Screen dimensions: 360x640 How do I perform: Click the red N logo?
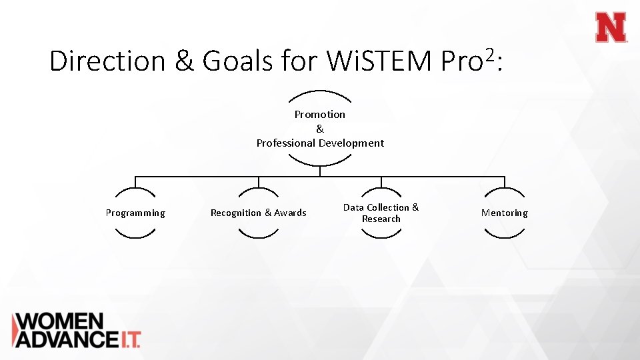611,28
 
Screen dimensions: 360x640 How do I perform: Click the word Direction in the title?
107,61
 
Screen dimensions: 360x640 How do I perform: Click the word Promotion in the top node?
320,114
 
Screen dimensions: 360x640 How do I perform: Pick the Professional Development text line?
320,143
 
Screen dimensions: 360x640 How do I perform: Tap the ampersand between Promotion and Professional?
320,129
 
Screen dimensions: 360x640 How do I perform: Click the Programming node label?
135,213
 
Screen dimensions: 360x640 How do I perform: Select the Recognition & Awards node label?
259,213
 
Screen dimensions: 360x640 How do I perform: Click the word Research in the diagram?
381,219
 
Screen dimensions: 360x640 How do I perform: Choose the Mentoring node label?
505,213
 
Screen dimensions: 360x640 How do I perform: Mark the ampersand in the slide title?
183,61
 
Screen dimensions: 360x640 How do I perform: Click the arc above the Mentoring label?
505,191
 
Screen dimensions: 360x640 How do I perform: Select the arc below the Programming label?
135,235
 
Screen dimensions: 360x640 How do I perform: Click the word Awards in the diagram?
291,213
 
